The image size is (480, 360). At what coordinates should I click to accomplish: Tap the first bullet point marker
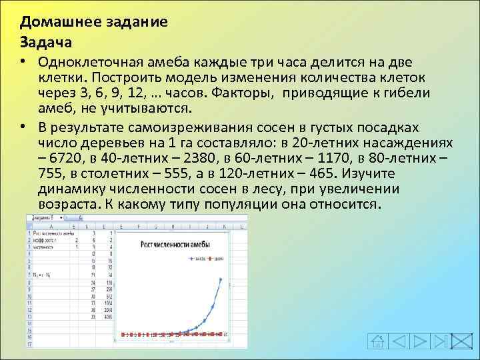pos(23,62)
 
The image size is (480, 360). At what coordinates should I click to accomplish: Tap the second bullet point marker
pos(23,127)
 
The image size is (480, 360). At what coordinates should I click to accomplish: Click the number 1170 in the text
pos(337,159)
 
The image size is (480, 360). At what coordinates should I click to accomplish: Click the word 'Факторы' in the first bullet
pos(247,94)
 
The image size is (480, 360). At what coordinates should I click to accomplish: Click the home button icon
pos(378,341)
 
